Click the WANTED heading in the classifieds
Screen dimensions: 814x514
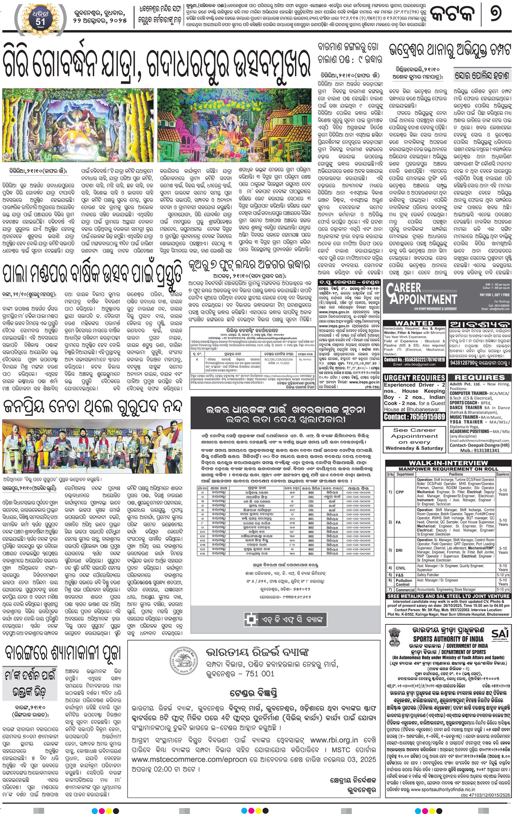414,323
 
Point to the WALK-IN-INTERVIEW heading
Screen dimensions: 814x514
448,463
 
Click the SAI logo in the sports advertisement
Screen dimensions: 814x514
500,633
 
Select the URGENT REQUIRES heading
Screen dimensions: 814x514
414,378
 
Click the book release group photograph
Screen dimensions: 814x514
92,446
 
